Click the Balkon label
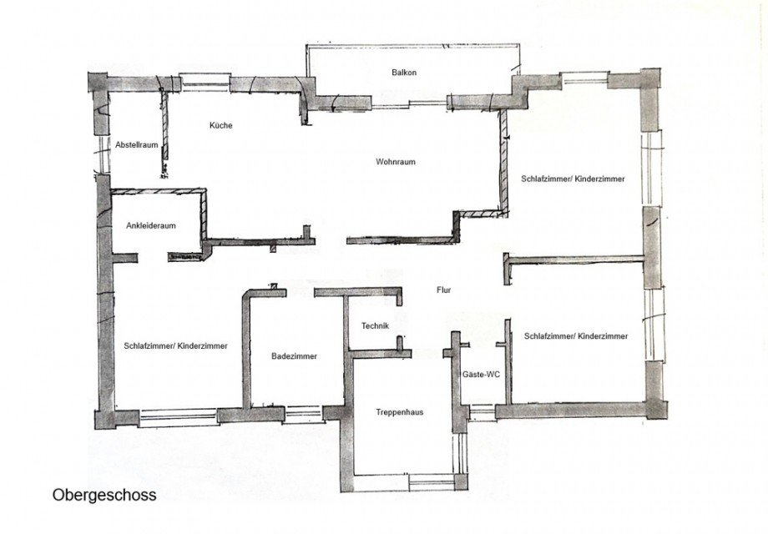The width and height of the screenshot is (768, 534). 404,73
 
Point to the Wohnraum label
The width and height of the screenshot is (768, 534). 396,162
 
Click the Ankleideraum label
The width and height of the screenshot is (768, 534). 150,225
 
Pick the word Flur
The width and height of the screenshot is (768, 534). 443,290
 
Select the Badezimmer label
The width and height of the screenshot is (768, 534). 294,356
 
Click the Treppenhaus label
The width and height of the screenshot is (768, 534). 400,411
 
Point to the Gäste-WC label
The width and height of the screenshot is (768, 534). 482,375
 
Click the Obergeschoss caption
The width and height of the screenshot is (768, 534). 104,495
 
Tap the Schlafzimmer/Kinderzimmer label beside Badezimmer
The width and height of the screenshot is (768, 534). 175,345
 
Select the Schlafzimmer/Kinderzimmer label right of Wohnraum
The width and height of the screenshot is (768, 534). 573,179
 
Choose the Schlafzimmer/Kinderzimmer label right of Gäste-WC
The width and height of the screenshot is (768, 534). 576,335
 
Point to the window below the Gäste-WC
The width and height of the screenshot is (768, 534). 482,411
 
